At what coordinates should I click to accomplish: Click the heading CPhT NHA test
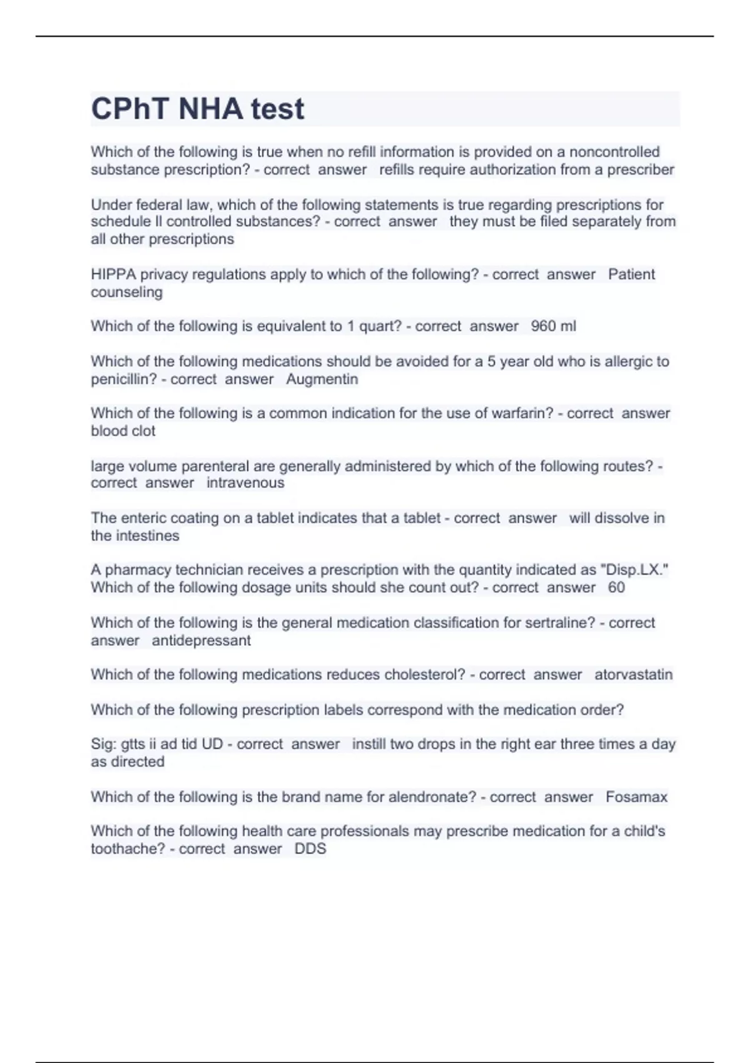click(x=197, y=109)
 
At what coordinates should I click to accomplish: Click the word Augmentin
click(x=322, y=379)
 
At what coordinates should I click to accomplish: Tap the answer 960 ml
click(x=553, y=326)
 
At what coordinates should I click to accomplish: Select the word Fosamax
click(x=636, y=797)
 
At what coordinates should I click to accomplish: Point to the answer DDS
click(x=310, y=849)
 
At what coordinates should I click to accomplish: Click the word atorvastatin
click(x=633, y=674)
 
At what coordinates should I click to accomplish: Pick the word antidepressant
click(x=201, y=640)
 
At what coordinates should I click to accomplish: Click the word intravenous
click(x=245, y=483)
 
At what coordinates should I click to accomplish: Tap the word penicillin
click(x=123, y=379)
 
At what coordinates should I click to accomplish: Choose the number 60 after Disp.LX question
click(x=616, y=587)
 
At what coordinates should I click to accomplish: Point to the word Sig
click(x=102, y=744)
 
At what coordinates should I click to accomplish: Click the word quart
click(x=379, y=326)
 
